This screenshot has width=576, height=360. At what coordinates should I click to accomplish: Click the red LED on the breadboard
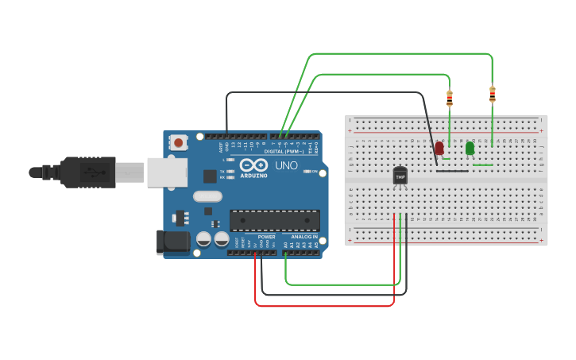pyautogui.click(x=439, y=148)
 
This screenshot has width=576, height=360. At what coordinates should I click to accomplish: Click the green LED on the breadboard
pyautogui.click(x=470, y=148)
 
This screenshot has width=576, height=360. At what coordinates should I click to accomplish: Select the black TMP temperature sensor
pyautogui.click(x=400, y=176)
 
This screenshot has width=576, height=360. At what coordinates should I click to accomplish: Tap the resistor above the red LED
pyautogui.click(x=450, y=99)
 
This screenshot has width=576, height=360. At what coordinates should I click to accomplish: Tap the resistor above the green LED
pyautogui.click(x=493, y=95)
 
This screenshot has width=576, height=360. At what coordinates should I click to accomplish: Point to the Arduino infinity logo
pyautogui.click(x=253, y=165)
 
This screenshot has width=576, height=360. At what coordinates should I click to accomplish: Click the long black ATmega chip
pyautogui.click(x=275, y=221)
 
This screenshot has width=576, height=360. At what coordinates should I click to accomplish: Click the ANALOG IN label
pyautogui.click(x=303, y=237)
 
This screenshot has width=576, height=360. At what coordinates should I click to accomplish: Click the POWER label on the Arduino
pyautogui.click(x=266, y=237)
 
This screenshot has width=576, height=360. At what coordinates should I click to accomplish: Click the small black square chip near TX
pyautogui.click(x=209, y=176)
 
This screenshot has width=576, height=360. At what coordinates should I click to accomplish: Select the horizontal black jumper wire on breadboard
pyautogui.click(x=452, y=169)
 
